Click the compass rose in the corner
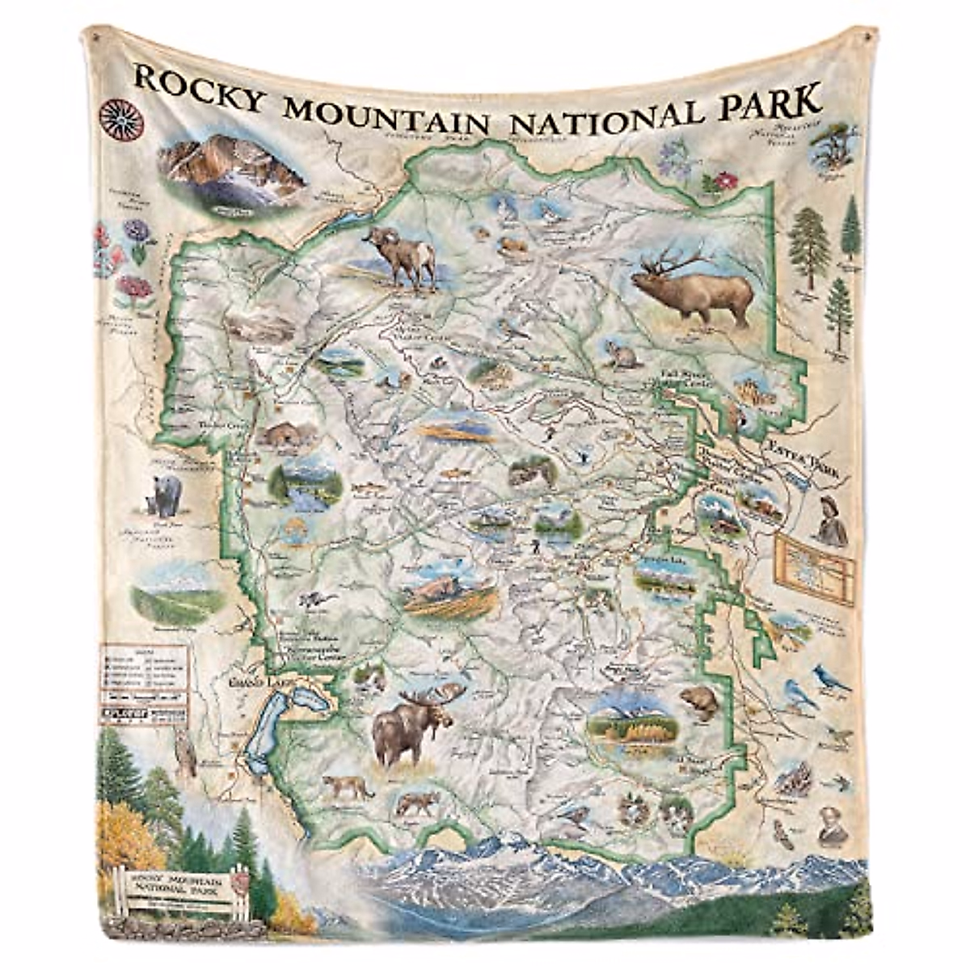point(121,120)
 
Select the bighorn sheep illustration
point(402,257)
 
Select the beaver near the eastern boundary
point(698,702)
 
